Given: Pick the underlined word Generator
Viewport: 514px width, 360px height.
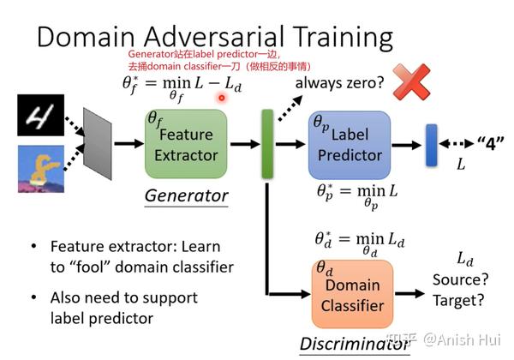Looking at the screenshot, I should point(186,195).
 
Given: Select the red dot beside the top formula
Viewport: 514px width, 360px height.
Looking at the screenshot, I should point(221,97).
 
